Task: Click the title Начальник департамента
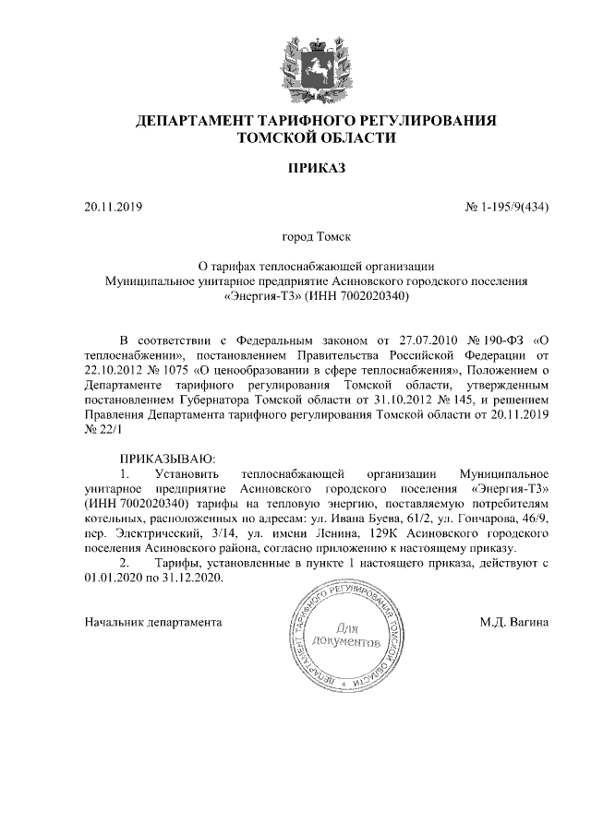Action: point(152,622)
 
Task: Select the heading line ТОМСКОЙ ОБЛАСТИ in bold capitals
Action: point(317,137)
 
